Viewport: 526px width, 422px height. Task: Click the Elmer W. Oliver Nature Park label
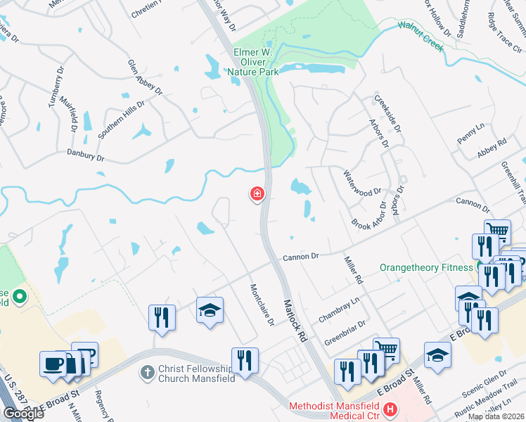[252, 61]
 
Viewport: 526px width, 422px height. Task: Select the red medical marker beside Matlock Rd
[258, 193]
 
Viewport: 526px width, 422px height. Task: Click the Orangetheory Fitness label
[426, 267]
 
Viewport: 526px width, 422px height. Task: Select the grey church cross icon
[147, 370]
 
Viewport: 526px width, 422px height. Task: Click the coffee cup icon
[53, 364]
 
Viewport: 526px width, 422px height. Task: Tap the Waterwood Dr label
[361, 181]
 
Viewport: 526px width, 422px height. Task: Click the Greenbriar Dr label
[345, 333]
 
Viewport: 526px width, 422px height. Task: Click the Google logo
[23, 414]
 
